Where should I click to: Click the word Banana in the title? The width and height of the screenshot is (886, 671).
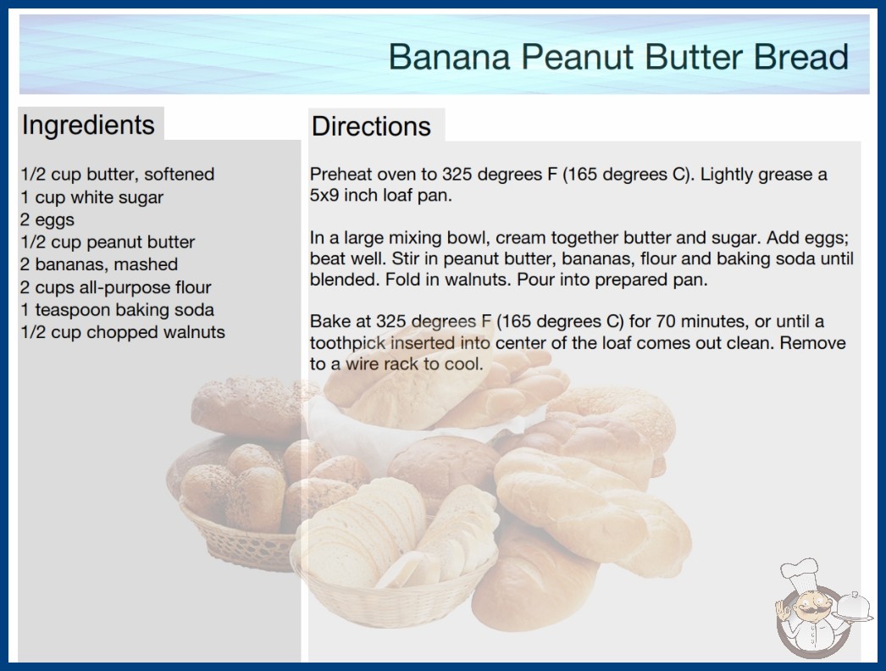[x=449, y=57]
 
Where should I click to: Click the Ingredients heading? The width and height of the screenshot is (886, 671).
[x=88, y=125]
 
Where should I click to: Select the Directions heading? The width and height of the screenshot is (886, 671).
[x=371, y=126]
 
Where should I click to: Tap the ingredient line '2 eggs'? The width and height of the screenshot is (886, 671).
[x=47, y=220]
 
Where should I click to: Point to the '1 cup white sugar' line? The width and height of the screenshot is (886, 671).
[x=92, y=197]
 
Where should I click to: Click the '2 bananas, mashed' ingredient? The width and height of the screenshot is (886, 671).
[x=99, y=264]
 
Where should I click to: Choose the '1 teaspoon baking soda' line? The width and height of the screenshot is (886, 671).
[x=117, y=310]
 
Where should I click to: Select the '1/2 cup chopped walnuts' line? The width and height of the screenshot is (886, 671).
[x=123, y=332]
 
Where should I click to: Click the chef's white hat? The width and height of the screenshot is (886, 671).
[x=800, y=572]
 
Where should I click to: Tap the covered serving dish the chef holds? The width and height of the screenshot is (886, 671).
[x=854, y=607]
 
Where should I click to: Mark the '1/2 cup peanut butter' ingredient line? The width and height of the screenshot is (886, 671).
[x=108, y=242]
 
